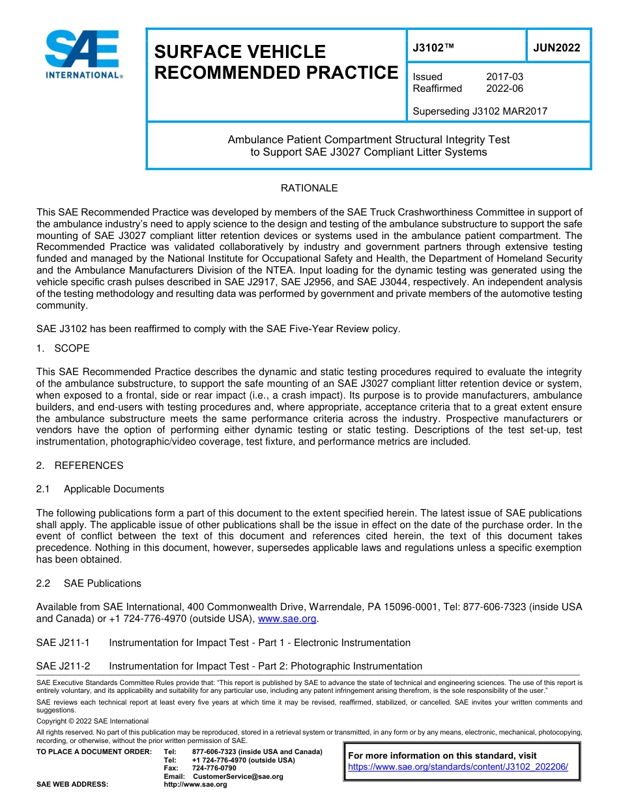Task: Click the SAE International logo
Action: [83, 55]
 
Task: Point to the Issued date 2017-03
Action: [504, 77]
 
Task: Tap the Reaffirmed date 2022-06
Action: [504, 89]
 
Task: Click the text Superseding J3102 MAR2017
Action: [480, 111]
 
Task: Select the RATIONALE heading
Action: [309, 188]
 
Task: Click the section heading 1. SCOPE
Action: [63, 348]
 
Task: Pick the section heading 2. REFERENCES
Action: [79, 466]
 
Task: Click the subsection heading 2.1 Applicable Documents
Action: [100, 489]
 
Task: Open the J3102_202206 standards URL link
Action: [458, 767]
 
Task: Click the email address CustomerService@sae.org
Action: [238, 776]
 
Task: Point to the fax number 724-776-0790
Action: [214, 768]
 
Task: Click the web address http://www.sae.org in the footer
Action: [195, 785]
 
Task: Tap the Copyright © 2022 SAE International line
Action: [93, 722]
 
